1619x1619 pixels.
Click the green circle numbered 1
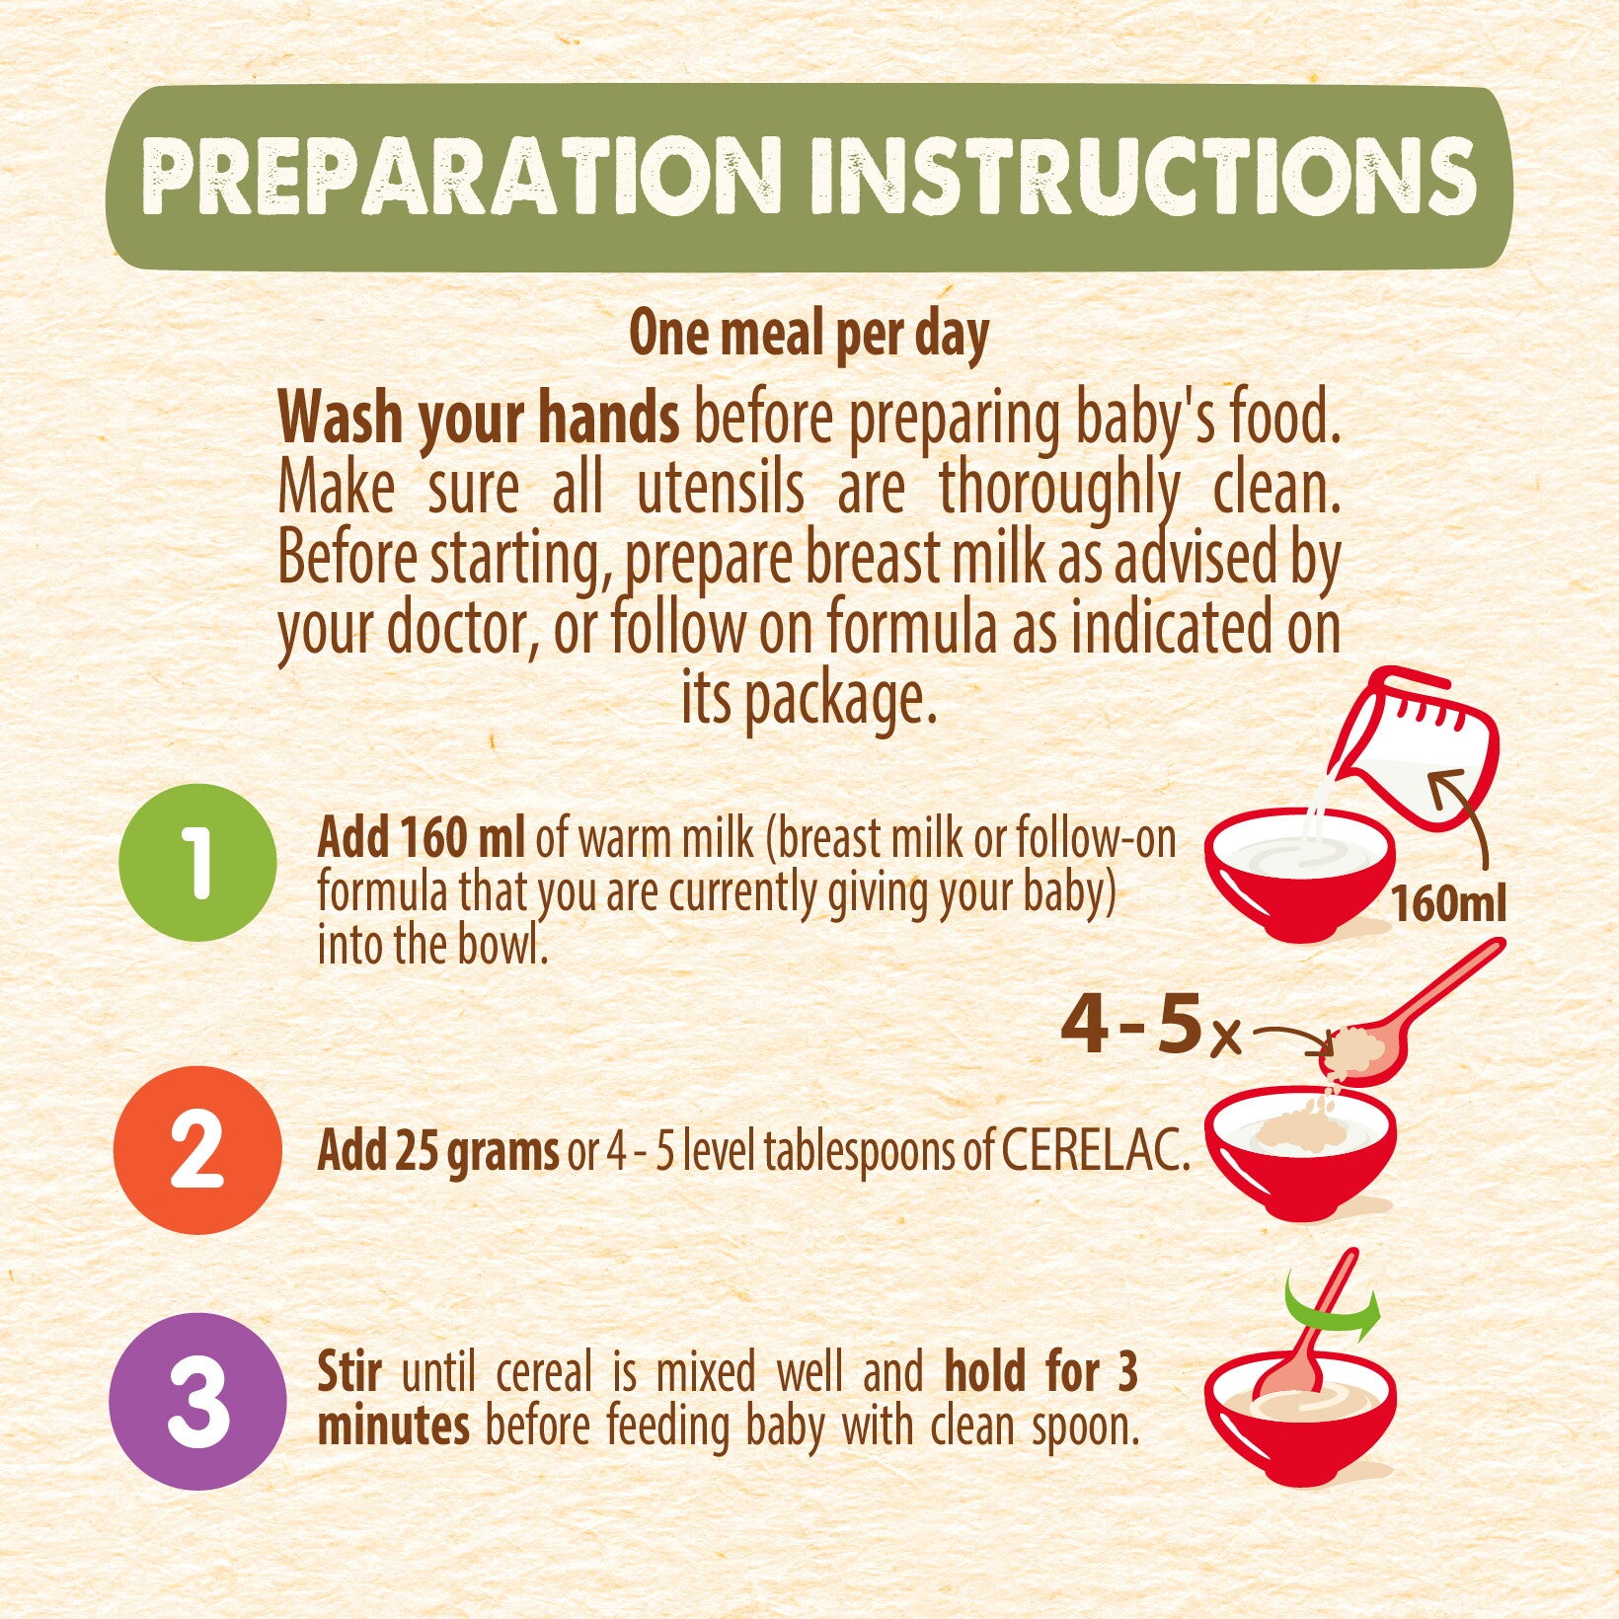click(197, 862)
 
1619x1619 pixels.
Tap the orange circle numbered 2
click(196, 1149)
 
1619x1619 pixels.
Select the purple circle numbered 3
click(197, 1401)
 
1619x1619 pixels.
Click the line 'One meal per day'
click(809, 335)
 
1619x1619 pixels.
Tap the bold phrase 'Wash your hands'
click(479, 419)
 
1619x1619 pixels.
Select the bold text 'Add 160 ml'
click(421, 839)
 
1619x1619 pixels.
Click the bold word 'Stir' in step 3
click(349, 1372)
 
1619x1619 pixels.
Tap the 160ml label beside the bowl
click(1448, 903)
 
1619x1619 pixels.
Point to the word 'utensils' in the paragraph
click(720, 490)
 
